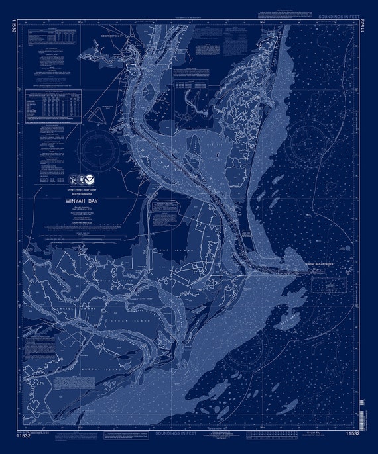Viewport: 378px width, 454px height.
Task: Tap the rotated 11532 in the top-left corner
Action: [14, 27]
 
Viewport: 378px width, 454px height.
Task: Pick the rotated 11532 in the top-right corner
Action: [364, 27]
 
